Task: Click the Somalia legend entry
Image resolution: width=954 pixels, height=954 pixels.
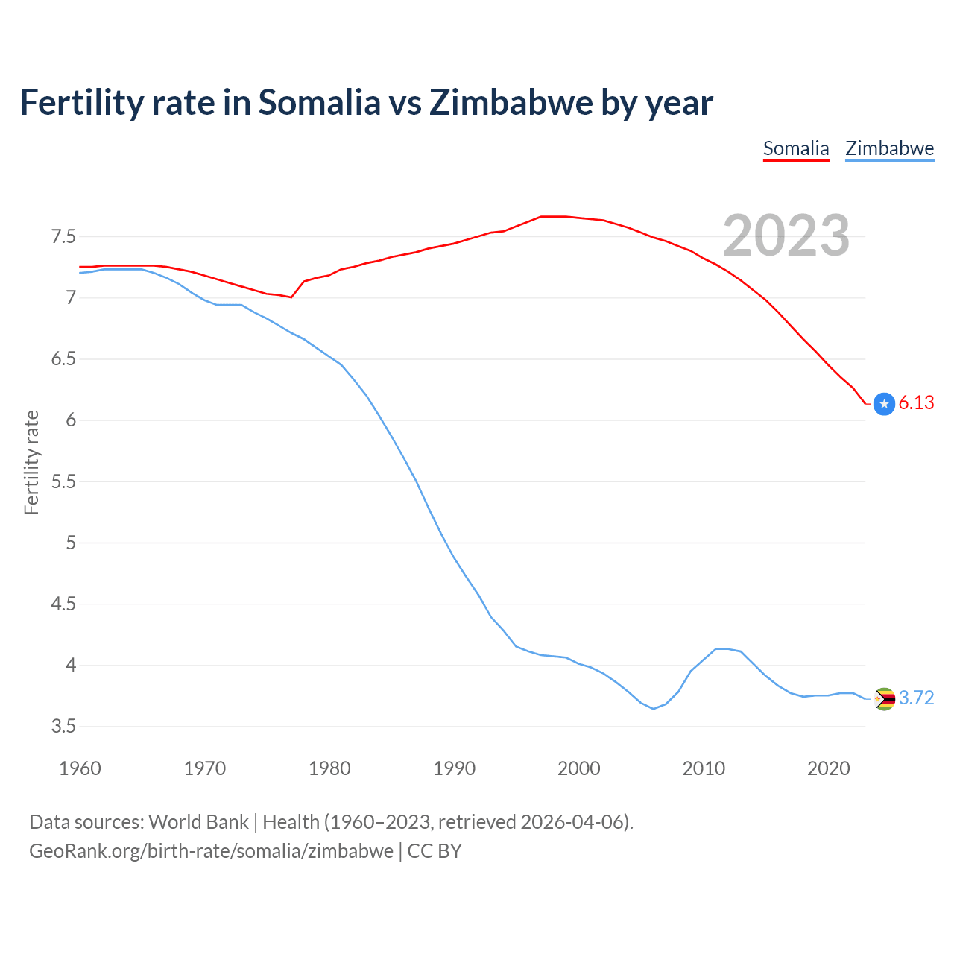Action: [796, 148]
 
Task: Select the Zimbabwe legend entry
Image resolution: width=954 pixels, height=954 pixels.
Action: [889, 148]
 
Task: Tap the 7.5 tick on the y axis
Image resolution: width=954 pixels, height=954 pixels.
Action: [63, 237]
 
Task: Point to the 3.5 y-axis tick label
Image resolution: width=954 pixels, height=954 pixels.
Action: [63, 726]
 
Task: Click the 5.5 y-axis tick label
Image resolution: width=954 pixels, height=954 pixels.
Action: [63, 481]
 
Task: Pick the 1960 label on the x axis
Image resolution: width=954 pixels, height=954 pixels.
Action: [80, 768]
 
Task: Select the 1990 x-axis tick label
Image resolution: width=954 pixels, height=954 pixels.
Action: [454, 768]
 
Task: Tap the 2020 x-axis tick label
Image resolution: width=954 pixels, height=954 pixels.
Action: [828, 768]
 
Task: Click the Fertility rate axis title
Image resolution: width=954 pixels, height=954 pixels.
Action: [31, 462]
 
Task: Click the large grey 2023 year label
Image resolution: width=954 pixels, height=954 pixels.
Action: [786, 236]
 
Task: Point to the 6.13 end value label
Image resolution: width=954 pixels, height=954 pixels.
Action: [916, 403]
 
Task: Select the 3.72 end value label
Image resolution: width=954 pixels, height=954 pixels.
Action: [916, 698]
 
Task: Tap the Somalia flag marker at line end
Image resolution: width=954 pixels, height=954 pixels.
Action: [884, 404]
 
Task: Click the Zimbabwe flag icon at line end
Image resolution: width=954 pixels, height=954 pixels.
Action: [884, 699]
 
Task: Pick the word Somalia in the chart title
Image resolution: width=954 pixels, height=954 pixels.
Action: [319, 102]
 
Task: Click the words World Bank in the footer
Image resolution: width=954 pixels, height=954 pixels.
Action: [198, 822]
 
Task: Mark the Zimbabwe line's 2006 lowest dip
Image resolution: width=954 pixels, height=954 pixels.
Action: [654, 709]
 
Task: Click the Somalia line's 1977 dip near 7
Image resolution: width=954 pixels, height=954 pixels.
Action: [291, 297]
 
